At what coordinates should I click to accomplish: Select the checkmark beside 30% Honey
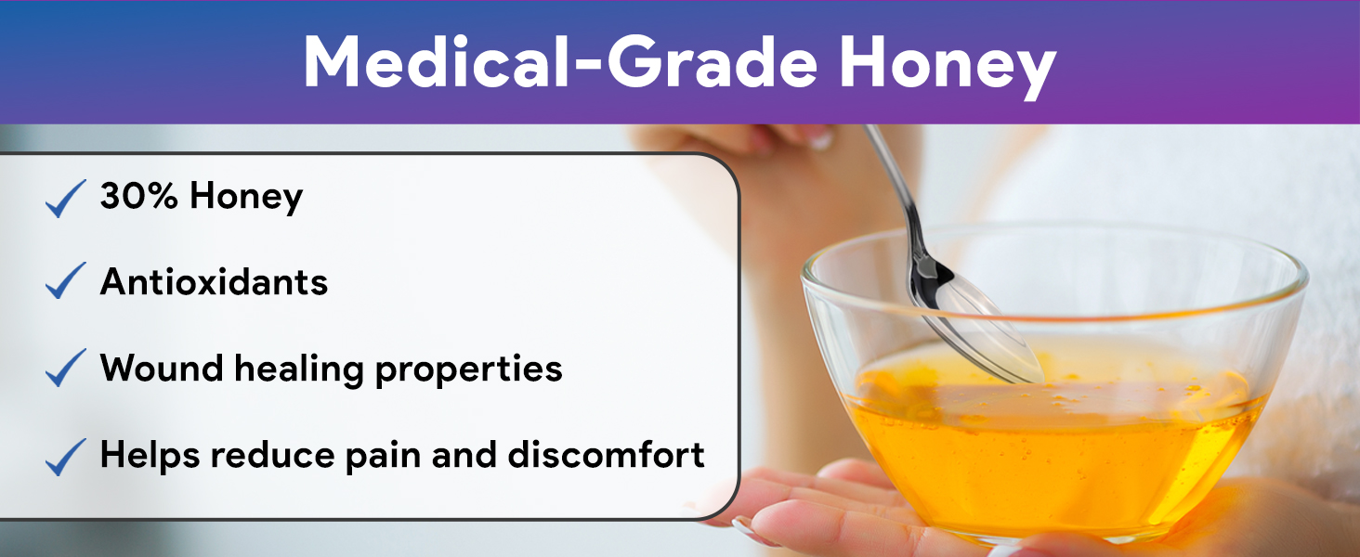[x=66, y=199]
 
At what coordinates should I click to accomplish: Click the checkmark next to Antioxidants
[x=66, y=280]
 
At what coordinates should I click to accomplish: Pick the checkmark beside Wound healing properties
[x=66, y=368]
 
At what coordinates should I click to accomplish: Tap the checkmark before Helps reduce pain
[x=66, y=457]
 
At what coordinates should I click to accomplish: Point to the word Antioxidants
[x=214, y=281]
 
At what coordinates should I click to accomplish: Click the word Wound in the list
[x=162, y=368]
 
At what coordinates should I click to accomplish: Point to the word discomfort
[x=606, y=455]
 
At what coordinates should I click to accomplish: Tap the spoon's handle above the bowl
[x=894, y=188]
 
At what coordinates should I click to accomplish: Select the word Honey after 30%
[x=246, y=197]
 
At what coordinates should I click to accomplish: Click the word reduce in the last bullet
[x=272, y=455]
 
